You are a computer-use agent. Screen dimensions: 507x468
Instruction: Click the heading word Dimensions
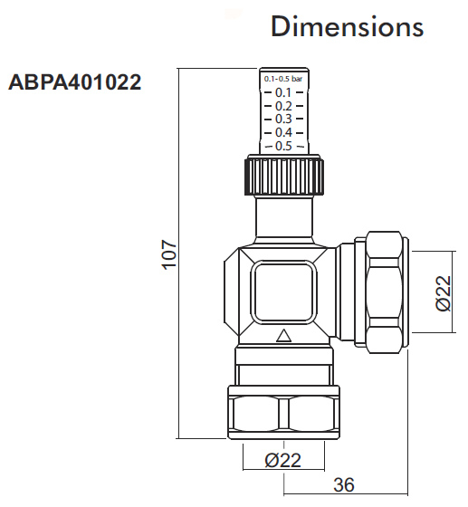[348, 26]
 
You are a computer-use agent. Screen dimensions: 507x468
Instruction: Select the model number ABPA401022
[74, 84]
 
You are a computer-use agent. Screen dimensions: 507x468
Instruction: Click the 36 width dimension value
[343, 485]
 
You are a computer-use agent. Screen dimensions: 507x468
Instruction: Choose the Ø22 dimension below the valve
[283, 461]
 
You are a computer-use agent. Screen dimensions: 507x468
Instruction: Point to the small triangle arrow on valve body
[282, 337]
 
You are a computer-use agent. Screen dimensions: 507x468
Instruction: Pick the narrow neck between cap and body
[283, 219]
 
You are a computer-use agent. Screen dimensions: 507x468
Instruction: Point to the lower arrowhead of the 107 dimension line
[180, 435]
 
